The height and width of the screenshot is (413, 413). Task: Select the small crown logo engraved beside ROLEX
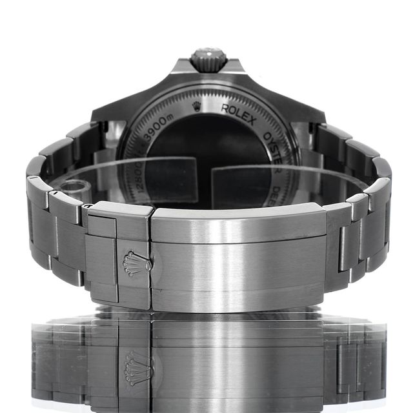coord(197,106)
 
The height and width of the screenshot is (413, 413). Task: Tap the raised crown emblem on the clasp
coord(137,263)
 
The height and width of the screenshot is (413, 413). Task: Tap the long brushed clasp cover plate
coord(239,258)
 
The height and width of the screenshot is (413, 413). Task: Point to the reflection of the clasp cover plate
coord(239,361)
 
